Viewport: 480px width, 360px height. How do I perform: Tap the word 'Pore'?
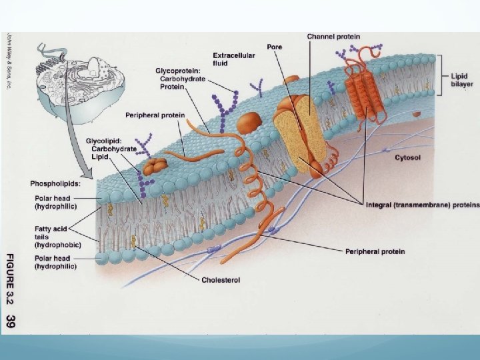coord(275,47)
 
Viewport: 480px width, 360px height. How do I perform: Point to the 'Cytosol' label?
coord(407,158)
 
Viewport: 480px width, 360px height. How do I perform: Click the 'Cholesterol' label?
coord(221,279)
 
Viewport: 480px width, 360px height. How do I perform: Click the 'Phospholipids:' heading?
coord(54,183)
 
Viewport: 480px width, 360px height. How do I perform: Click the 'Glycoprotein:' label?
coord(180,70)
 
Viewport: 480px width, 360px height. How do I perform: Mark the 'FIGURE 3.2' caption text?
coord(10,279)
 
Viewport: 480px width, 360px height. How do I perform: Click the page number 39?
coord(10,322)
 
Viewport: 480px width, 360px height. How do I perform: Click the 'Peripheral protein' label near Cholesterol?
coord(375,251)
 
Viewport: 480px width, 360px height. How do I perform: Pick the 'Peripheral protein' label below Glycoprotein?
coord(155,115)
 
